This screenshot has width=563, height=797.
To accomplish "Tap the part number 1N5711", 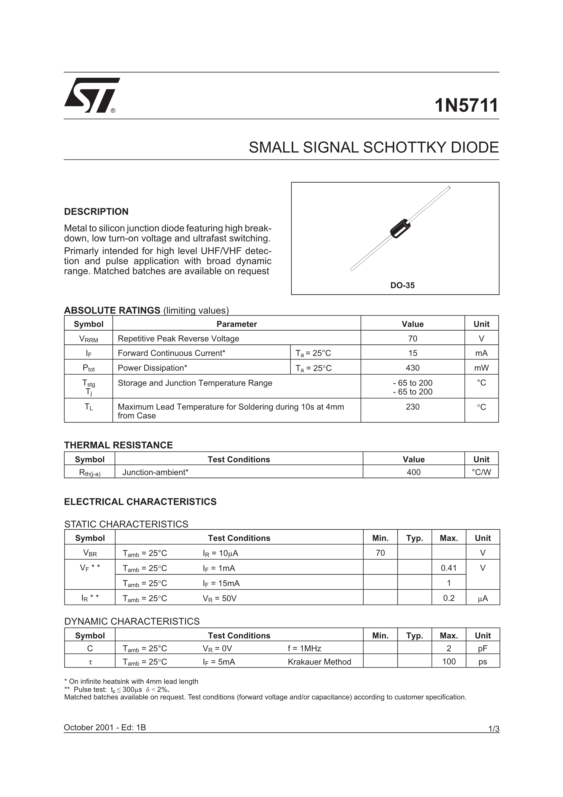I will click(466, 105).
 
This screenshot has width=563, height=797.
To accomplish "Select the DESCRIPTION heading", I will click(96, 212).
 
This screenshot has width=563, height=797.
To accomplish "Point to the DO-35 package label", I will click(402, 285).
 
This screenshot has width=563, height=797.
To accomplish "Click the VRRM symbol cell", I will click(88, 339).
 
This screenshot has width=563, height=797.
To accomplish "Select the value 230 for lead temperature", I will click(412, 407).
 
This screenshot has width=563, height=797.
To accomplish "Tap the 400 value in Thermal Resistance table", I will click(414, 472).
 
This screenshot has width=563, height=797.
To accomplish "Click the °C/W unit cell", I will click(481, 472).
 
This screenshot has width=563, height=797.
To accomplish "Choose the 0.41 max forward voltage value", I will click(449, 568).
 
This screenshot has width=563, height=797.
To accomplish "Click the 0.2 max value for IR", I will click(449, 598).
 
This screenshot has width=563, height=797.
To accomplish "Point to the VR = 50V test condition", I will click(220, 598).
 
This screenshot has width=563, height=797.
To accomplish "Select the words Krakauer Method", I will click(319, 662).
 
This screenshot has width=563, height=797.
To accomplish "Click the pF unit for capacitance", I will click(483, 648).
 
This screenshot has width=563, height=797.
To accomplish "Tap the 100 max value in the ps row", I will click(449, 662).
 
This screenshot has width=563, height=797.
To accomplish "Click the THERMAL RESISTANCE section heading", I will click(118, 445).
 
